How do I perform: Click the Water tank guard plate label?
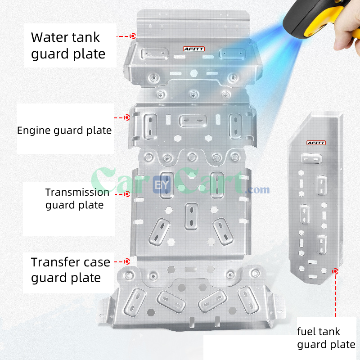(68, 45)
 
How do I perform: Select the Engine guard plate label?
(64, 130)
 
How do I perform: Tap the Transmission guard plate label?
(77, 198)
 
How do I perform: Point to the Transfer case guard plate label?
(70, 270)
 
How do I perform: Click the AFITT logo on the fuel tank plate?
(315, 143)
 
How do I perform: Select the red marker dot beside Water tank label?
(133, 36)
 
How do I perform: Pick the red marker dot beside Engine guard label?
(127, 117)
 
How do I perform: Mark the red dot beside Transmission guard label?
(127, 194)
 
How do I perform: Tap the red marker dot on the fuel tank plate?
(335, 271)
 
